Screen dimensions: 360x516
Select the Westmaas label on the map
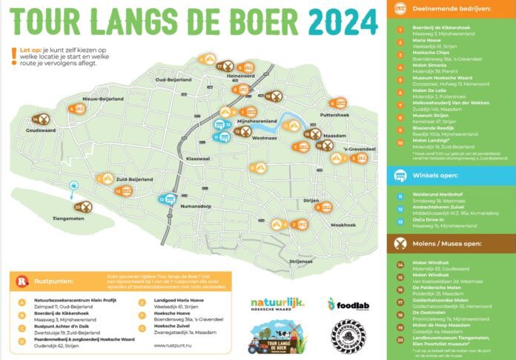pos(266,137)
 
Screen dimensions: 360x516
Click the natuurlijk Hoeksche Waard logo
pos(278,305)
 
